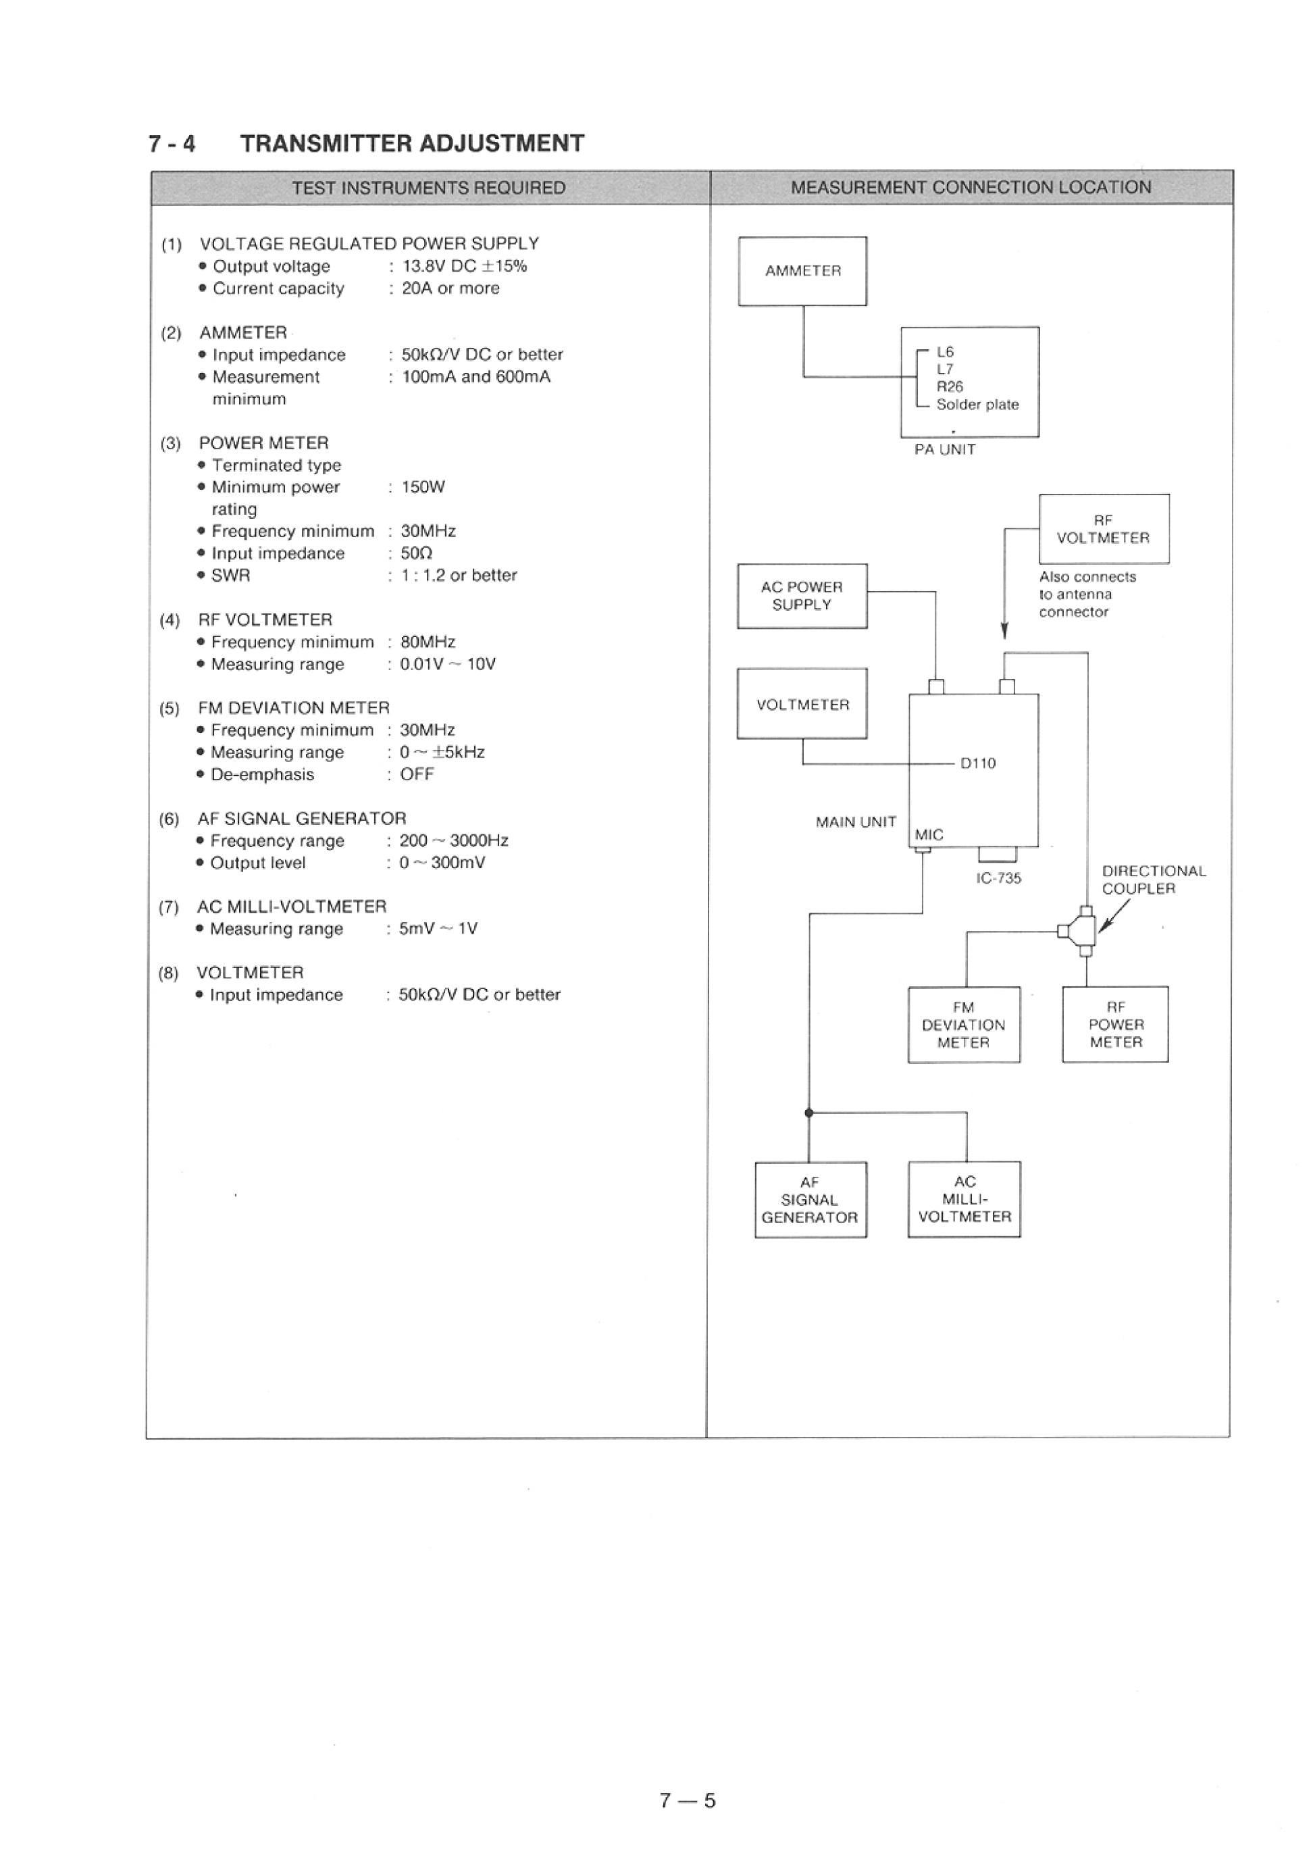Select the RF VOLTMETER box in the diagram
tap(1103, 529)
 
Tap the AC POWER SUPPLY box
tap(801, 596)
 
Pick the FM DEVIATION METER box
tap(963, 1024)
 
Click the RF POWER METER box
tap(1115, 1024)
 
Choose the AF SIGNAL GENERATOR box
tap(809, 1200)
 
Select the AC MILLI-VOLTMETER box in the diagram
tap(964, 1199)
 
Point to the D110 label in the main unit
tap(977, 763)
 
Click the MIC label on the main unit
tap(929, 835)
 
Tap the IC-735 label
tap(998, 878)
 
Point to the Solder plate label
tap(977, 404)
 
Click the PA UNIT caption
tap(944, 449)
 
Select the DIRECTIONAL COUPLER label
tap(1153, 880)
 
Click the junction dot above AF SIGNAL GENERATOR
tap(808, 1113)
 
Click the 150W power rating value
tap(423, 486)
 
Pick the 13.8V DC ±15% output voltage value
tap(464, 266)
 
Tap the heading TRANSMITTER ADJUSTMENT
tap(412, 143)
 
